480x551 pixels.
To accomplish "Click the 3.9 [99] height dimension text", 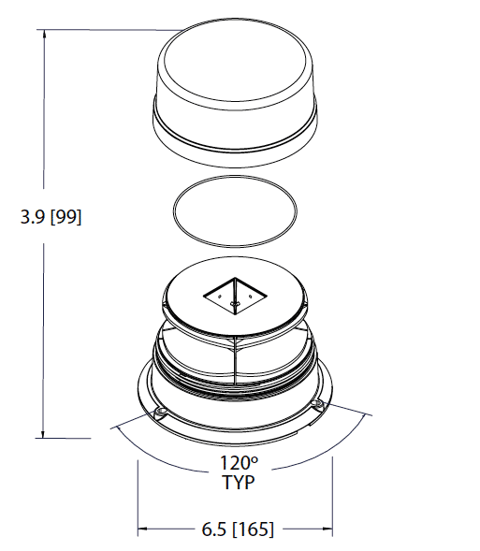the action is point(51,217).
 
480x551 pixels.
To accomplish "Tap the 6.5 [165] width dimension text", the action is point(238,529).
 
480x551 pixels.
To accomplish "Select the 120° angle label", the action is point(239,462).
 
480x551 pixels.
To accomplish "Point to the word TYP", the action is point(239,482).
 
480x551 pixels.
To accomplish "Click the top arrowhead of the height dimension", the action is point(44,34).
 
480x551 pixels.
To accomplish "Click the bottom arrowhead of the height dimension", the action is point(43,434).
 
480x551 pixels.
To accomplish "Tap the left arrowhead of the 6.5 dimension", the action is point(142,529).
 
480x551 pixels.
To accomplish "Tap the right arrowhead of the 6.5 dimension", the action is point(327,529).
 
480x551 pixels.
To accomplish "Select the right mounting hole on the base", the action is point(316,403).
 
